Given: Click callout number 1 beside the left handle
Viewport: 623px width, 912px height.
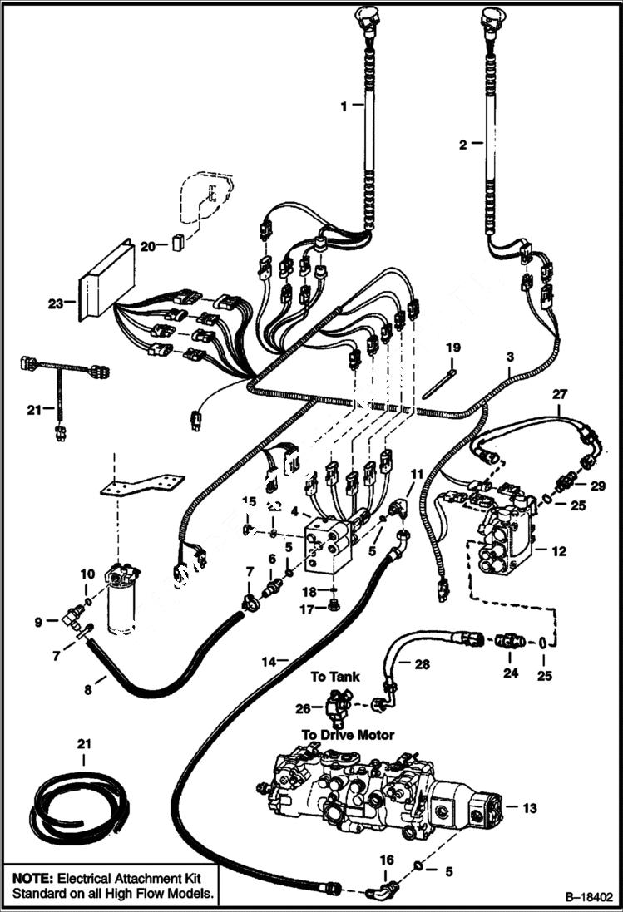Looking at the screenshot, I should [340, 107].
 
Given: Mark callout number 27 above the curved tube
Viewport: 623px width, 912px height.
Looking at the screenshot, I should [559, 396].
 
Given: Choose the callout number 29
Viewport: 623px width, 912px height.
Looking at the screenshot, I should [599, 484].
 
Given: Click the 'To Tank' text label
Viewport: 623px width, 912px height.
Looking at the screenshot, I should [335, 677].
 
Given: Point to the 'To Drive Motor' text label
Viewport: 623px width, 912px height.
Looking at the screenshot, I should [348, 734].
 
